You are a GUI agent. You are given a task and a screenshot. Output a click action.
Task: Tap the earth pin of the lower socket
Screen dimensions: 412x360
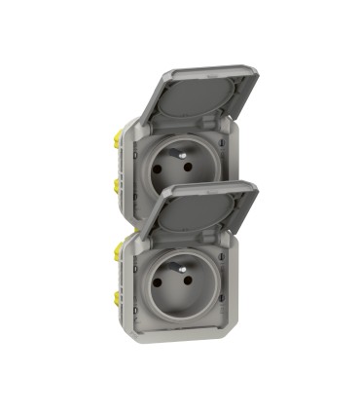pos(181,258)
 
